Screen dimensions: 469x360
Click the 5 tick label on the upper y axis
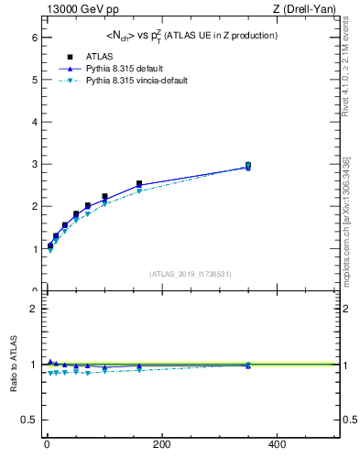(33, 80)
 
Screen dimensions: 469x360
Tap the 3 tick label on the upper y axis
(33, 164)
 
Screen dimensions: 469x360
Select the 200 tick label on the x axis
(161, 444)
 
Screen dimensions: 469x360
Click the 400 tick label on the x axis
(276, 444)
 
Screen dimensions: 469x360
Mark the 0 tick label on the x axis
(47, 444)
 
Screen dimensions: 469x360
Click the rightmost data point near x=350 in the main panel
(247, 166)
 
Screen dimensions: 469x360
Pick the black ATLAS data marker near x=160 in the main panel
(139, 184)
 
